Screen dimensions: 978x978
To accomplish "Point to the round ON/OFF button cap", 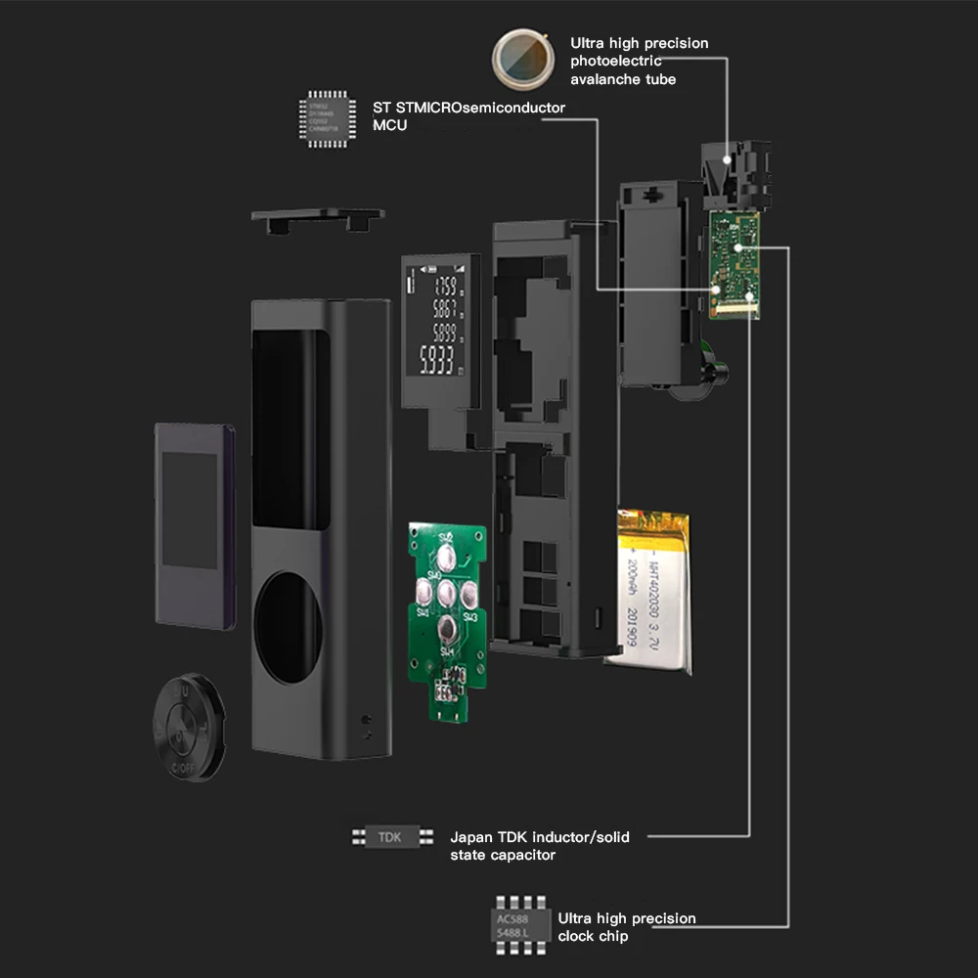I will (x=189, y=727).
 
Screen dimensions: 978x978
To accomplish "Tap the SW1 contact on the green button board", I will (x=445, y=631).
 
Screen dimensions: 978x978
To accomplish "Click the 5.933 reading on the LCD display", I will (x=436, y=361).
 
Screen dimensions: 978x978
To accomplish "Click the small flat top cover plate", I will (x=318, y=217).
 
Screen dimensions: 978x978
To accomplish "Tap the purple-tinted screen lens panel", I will (x=195, y=525).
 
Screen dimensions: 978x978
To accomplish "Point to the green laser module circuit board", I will (x=734, y=264).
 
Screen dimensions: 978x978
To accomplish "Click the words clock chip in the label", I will (x=594, y=936).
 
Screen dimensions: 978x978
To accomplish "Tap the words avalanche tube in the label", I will (x=623, y=79).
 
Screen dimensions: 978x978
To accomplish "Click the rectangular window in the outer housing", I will (x=289, y=430).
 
